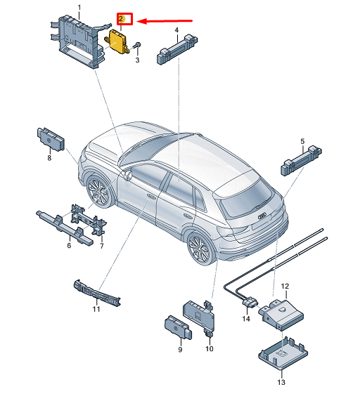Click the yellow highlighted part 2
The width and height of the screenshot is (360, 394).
tap(117, 41)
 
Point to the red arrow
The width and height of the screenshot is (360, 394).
tap(165, 21)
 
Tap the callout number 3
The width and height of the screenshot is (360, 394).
tap(137, 60)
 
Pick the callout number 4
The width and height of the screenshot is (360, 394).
tap(176, 30)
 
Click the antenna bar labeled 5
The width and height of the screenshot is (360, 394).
tap(301, 160)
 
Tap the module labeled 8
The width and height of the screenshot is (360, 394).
tap(51, 139)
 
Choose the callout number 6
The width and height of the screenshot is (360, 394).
tap(69, 245)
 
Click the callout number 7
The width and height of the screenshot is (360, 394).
tap(102, 246)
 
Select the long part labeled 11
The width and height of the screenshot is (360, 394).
tap(97, 293)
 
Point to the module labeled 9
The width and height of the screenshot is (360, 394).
tap(178, 327)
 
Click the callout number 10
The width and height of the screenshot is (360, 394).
tap(210, 348)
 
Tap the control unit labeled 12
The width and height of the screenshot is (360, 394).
tap(281, 314)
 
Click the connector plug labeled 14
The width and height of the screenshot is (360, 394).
tap(250, 302)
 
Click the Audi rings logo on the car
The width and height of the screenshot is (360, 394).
tap(263, 216)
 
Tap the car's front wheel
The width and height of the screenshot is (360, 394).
tap(98, 192)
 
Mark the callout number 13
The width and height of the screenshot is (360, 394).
tap(281, 382)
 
